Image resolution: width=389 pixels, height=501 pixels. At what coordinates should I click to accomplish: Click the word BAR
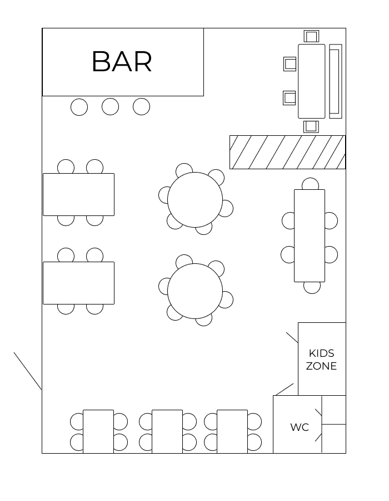point(122,62)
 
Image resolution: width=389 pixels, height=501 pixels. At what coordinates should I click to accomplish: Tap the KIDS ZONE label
point(321,360)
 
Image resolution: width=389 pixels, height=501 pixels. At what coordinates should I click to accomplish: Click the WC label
point(300,427)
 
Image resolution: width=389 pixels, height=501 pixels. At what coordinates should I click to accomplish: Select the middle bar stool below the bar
point(111,107)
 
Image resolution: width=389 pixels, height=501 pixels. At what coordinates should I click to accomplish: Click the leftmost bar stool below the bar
point(79,107)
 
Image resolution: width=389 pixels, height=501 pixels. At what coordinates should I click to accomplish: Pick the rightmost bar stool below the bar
point(141,106)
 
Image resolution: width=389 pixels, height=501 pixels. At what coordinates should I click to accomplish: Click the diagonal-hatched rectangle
point(288,152)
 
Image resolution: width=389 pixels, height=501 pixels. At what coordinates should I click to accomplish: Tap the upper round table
point(195,200)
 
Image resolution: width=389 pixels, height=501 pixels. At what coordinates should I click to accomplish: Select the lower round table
point(195,291)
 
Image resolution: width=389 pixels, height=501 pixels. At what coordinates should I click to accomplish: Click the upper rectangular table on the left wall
point(78,195)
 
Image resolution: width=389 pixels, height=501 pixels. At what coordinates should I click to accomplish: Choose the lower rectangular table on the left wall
point(78,283)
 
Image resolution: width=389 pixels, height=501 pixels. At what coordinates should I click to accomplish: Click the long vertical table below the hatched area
point(310,236)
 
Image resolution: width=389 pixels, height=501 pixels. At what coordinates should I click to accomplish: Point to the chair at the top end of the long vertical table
point(310,184)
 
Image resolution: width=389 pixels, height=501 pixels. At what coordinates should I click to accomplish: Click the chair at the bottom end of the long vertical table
point(312,288)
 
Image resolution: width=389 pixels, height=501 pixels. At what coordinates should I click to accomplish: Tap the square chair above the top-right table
point(311,36)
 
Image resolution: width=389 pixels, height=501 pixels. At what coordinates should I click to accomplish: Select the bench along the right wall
point(336,81)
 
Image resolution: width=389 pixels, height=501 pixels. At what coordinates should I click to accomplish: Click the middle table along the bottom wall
point(167,431)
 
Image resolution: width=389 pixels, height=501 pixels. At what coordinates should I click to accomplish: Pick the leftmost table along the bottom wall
point(98,431)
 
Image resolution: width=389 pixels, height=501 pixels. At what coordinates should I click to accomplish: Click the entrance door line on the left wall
point(28,371)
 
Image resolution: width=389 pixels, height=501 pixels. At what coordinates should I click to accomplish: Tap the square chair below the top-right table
point(311,126)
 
